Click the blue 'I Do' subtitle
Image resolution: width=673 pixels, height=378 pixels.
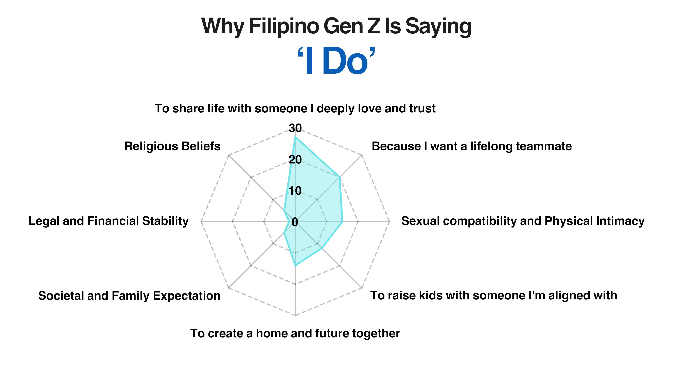pos(336,61)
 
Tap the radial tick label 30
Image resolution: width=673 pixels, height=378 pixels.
pos(295,128)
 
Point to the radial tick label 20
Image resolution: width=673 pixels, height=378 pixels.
pos(295,159)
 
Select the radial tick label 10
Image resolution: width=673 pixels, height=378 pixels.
pos(295,191)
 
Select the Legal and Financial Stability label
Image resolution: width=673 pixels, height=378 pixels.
pos(108,221)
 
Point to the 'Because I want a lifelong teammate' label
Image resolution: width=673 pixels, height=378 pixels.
pos(472,146)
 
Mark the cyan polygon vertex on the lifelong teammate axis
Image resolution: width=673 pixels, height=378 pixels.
pos(339,177)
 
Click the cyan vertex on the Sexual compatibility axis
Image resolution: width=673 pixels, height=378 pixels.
pos(342,222)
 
